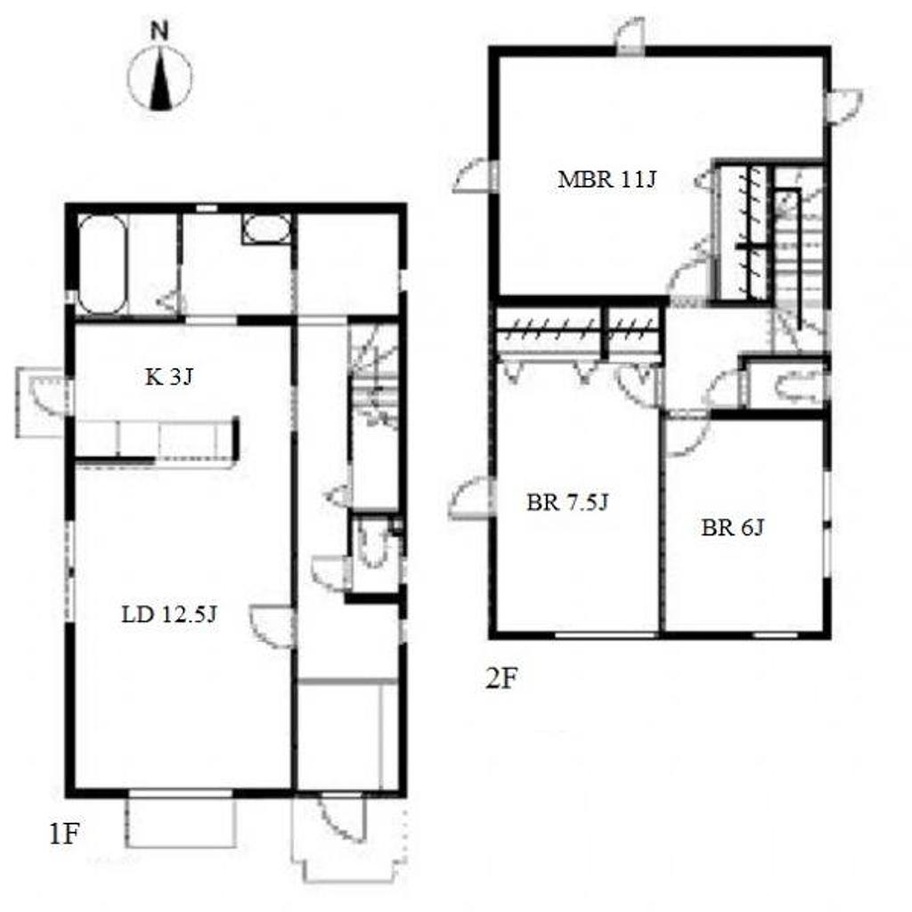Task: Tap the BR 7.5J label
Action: (x=567, y=502)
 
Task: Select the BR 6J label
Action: (x=732, y=527)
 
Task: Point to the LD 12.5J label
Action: (x=168, y=615)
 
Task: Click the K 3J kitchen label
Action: (x=168, y=378)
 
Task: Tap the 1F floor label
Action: (x=64, y=834)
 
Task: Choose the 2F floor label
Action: (x=501, y=678)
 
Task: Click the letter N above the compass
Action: (x=159, y=31)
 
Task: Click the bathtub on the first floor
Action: (x=102, y=265)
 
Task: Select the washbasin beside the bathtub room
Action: (x=266, y=229)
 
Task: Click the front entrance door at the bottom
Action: (x=341, y=819)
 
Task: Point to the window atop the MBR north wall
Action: (x=631, y=37)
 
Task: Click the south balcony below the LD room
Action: (x=181, y=822)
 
